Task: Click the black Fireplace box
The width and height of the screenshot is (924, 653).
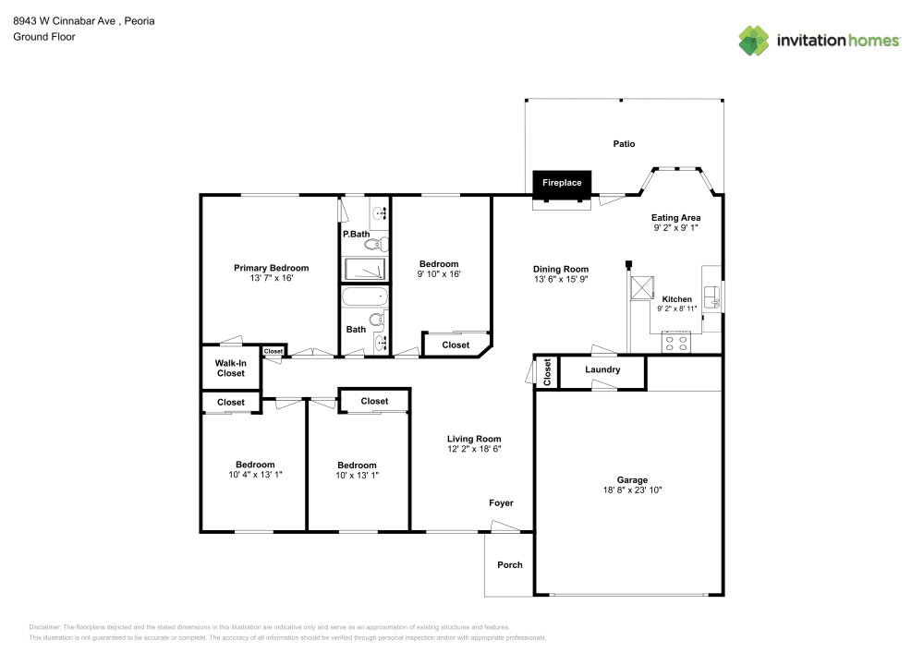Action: tap(562, 183)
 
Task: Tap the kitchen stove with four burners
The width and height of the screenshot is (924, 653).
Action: tap(675, 342)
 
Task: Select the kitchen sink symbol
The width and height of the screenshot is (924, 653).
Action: tap(711, 296)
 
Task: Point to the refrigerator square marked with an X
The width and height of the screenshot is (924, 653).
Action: tap(640, 286)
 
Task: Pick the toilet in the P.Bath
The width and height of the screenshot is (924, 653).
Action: tap(379, 244)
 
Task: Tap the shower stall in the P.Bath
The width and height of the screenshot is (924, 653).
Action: tap(365, 269)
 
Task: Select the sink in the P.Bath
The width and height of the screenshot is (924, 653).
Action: tap(379, 213)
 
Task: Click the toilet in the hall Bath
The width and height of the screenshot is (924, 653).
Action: tap(377, 322)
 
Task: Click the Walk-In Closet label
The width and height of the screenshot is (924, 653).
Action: tap(231, 369)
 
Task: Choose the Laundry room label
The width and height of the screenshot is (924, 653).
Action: tap(602, 370)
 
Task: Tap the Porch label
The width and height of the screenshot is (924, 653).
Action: tap(510, 564)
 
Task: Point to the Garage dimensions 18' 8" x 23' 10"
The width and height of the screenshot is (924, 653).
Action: tap(632, 490)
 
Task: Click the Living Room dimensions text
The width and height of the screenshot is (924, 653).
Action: tap(474, 449)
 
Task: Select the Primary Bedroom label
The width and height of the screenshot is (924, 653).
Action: tap(271, 268)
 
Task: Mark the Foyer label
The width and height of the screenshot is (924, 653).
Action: tap(501, 502)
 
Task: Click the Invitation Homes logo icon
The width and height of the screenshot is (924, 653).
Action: tap(754, 40)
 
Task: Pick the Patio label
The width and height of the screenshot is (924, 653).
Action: tap(625, 144)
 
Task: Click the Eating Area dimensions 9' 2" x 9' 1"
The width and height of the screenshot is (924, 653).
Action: tap(676, 227)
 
